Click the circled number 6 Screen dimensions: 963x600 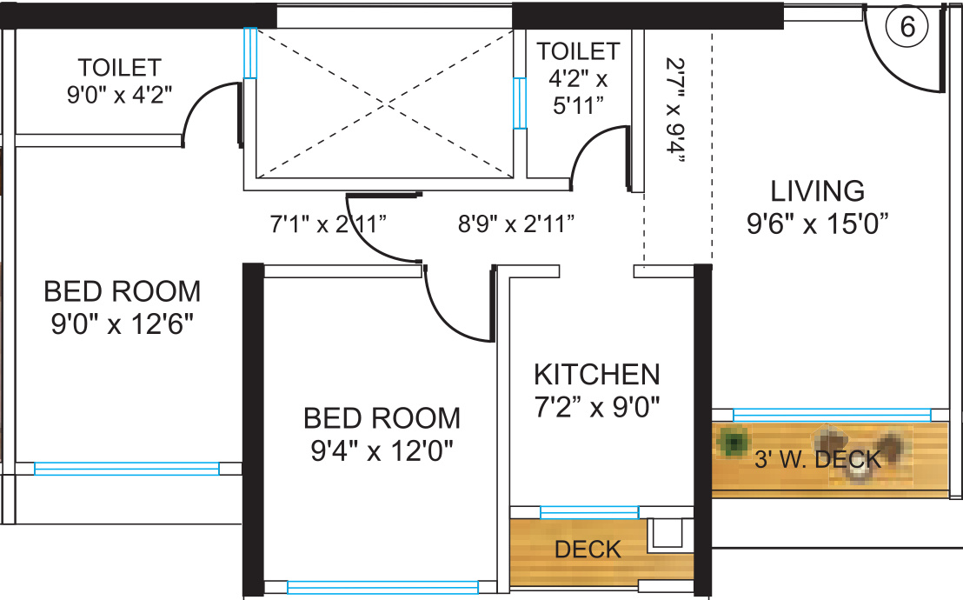tap(907, 28)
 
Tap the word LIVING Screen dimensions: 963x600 tap(818, 191)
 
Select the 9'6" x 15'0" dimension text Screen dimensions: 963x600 tap(818, 223)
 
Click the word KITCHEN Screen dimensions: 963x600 tap(597, 375)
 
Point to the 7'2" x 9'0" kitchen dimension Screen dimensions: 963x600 tap(597, 407)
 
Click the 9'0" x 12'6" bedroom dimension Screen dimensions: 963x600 tap(123, 324)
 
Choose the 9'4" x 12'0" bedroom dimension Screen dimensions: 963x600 tap(382, 450)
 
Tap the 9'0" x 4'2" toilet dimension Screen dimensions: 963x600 tap(119, 95)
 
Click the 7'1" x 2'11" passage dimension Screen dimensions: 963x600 tap(328, 223)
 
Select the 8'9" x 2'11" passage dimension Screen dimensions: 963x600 tap(516, 223)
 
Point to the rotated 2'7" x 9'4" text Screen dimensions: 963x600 tap(675, 110)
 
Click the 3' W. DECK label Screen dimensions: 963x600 tap(818, 459)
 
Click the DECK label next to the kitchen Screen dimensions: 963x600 tap(588, 550)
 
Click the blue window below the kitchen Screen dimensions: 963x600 tap(589, 512)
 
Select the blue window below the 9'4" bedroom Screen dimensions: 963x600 tap(382, 587)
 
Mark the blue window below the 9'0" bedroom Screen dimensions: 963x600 tap(127, 469)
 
